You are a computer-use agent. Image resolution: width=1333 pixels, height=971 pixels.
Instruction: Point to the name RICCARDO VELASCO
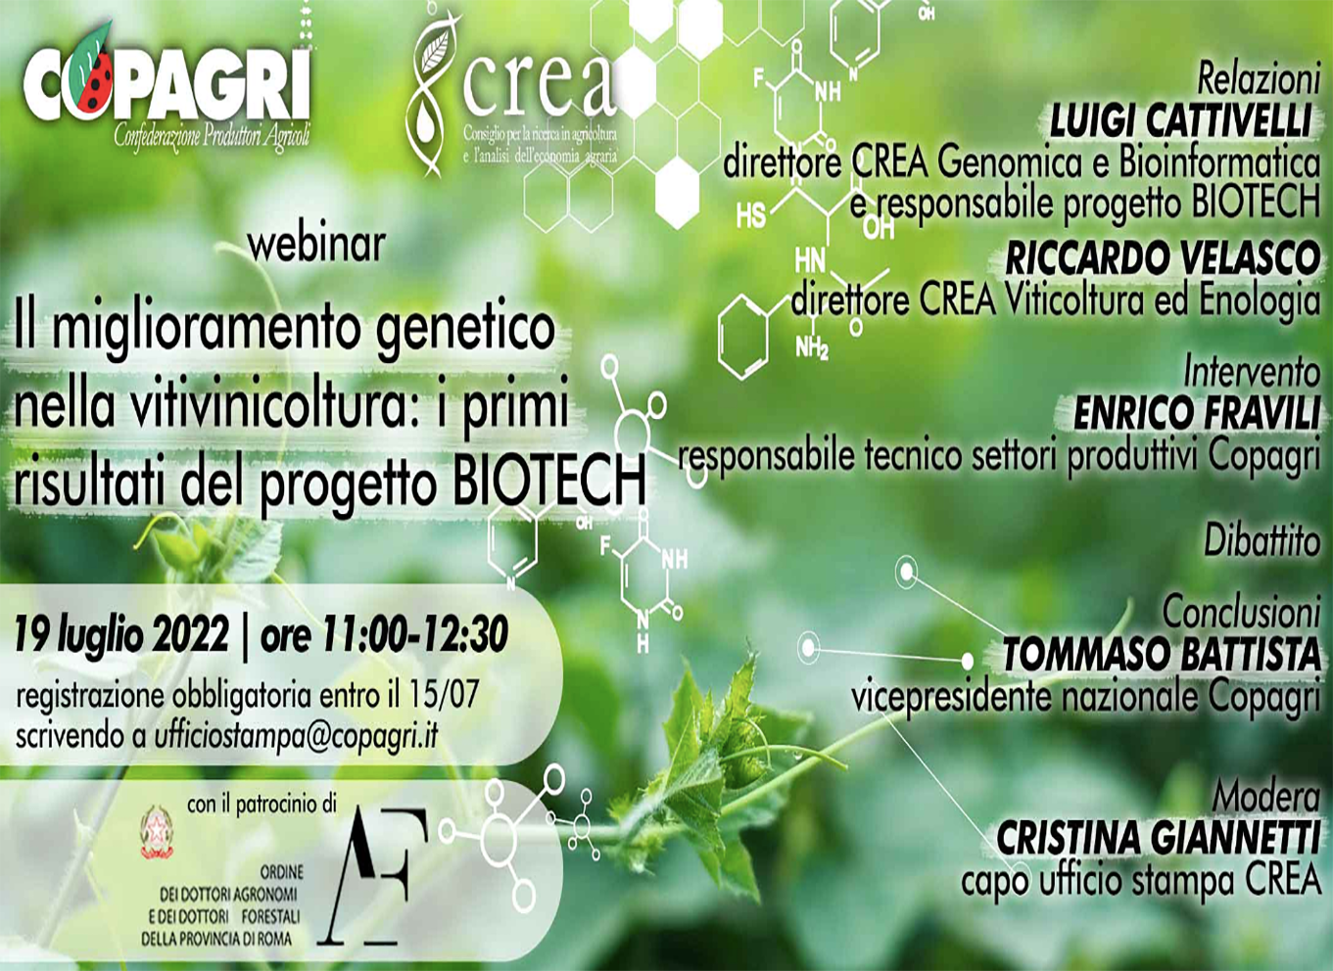click(1163, 259)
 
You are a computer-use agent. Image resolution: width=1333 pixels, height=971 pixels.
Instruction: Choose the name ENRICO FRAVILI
click(1197, 413)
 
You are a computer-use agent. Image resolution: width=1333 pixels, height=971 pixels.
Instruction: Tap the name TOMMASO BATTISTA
click(1162, 655)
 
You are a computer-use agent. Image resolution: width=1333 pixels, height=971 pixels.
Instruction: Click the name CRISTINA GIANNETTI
click(1159, 839)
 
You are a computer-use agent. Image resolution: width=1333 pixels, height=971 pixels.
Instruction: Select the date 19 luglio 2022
click(122, 634)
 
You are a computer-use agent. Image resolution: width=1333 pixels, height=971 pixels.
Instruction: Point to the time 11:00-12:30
click(414, 634)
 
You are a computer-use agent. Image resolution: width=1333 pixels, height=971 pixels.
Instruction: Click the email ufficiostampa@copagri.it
click(297, 737)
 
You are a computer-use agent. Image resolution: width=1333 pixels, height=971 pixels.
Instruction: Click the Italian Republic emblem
click(157, 832)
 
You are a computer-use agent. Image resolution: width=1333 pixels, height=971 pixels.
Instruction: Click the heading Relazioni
click(1259, 78)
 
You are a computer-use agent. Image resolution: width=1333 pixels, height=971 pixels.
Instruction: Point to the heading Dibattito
click(1262, 541)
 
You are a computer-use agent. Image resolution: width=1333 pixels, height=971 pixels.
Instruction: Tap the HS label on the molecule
click(750, 215)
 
